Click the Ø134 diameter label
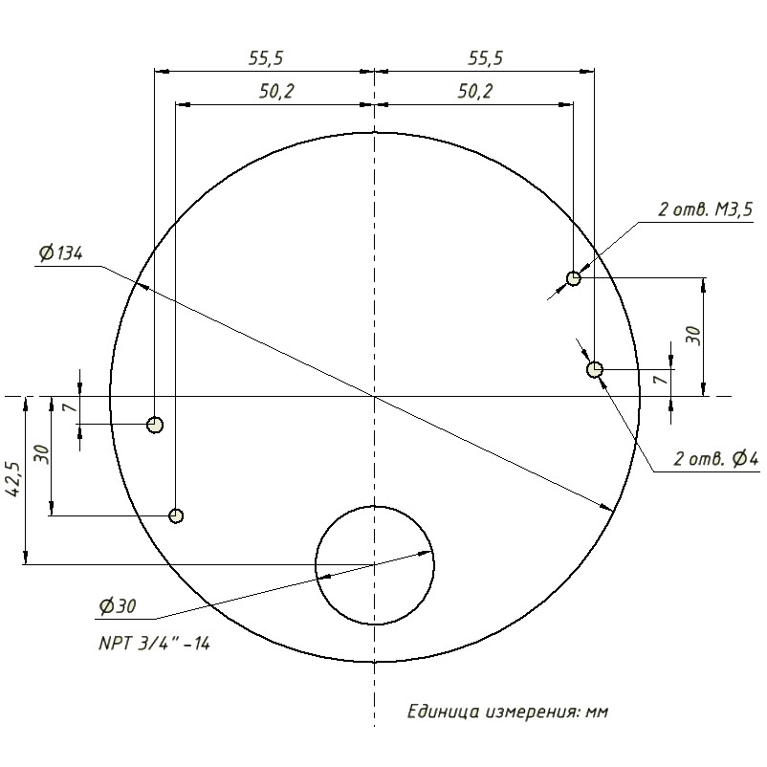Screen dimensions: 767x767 click(60, 253)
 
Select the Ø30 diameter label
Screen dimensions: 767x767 click(118, 606)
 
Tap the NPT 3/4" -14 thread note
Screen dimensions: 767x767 click(154, 644)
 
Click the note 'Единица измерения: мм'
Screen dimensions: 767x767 click(508, 712)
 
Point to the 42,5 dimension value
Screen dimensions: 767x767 click(12, 479)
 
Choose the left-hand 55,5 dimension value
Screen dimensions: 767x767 click(266, 58)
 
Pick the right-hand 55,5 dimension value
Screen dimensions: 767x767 click(485, 58)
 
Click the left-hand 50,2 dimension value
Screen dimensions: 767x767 click(276, 92)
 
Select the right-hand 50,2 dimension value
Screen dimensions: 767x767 click(475, 92)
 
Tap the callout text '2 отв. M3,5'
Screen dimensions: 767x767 click(705, 209)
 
